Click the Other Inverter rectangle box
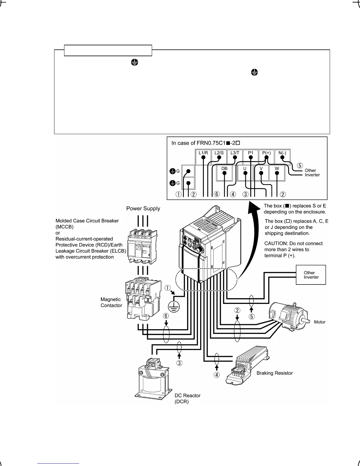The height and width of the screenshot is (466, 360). coord(311,275)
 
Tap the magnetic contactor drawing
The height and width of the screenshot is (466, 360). coord(143,298)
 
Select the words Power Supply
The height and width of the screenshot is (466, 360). coord(143,209)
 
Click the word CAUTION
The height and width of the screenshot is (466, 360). coord(275,243)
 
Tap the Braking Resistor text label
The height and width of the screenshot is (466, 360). coord(275,373)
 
